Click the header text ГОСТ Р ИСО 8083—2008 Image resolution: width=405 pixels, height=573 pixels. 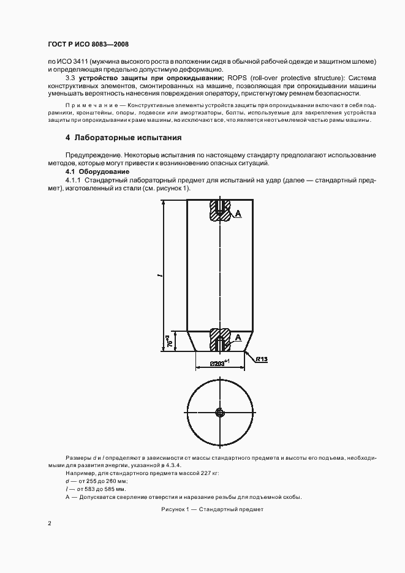tap(88, 45)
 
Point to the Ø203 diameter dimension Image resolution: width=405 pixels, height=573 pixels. tap(218, 362)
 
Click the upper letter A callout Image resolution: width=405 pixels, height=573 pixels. tap(238, 214)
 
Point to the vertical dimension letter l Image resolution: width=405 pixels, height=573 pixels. tap(158, 277)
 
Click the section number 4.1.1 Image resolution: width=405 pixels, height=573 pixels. tap(74, 181)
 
